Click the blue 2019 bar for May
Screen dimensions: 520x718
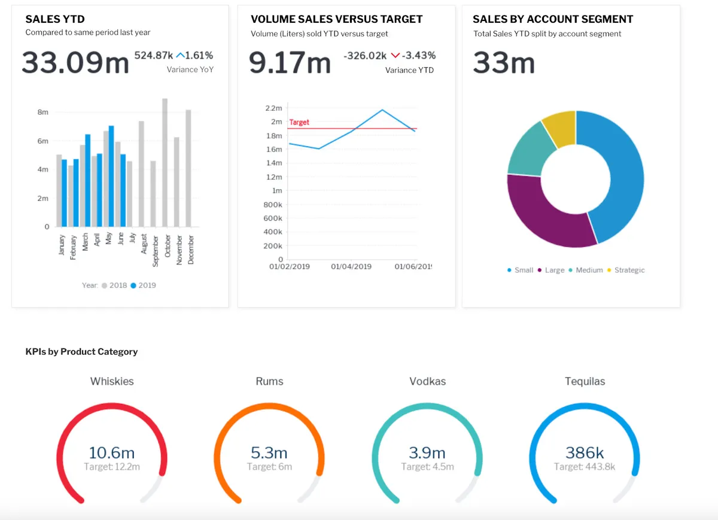click(111, 177)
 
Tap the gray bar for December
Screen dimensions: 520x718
click(188, 168)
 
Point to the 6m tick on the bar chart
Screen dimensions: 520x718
click(42, 141)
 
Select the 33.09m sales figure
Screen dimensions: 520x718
click(75, 63)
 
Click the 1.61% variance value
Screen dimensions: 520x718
click(199, 56)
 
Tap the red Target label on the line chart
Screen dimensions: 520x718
click(299, 122)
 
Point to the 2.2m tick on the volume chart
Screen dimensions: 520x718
click(273, 108)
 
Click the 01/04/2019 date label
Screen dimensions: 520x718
click(351, 266)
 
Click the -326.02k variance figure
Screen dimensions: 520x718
click(365, 56)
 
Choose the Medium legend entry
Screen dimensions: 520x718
click(589, 270)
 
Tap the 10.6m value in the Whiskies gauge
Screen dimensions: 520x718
click(111, 452)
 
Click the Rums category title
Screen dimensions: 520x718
click(269, 381)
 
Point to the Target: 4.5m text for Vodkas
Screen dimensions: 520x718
click(427, 467)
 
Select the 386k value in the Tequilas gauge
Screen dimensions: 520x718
click(585, 452)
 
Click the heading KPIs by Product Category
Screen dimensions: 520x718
click(81, 352)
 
